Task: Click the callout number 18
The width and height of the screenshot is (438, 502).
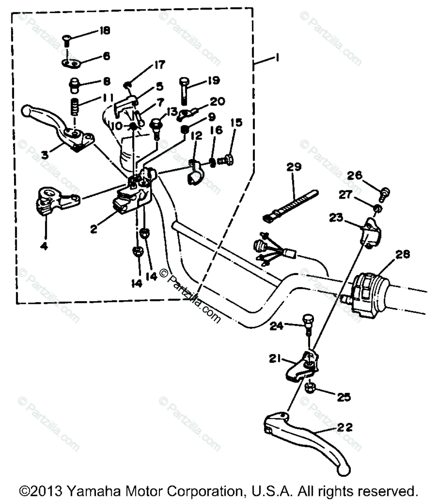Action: (x=105, y=31)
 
